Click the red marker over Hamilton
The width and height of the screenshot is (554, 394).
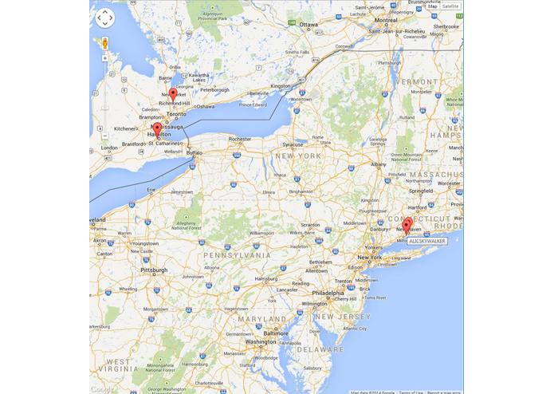[x=157, y=128]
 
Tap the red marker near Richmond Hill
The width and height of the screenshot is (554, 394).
[x=173, y=94]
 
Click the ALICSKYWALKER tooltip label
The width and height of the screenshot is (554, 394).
[x=426, y=240]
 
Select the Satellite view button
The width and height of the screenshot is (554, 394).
[x=451, y=6]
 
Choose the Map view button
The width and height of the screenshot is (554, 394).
[x=432, y=6]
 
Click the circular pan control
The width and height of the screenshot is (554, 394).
[x=105, y=18]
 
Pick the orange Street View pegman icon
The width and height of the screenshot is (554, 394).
[x=105, y=42]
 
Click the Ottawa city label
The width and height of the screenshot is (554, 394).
[x=308, y=25]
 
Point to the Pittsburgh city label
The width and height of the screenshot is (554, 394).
[x=154, y=270]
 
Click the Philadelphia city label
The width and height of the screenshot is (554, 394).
[x=328, y=293]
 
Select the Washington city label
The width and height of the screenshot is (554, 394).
[x=261, y=341]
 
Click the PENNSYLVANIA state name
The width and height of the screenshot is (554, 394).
[x=237, y=255]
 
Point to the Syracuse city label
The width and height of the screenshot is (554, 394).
[x=293, y=144]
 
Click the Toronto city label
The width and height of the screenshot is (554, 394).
[x=176, y=114]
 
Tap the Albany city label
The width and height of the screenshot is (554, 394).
[x=378, y=164]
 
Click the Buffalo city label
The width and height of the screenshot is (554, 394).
[x=195, y=152]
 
